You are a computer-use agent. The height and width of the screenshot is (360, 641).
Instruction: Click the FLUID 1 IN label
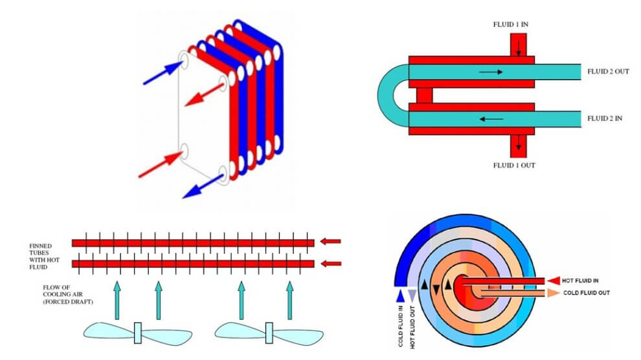pos(511,25)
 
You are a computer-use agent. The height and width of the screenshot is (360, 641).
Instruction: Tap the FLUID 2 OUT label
pos(608,71)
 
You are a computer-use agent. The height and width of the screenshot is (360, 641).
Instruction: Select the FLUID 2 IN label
pos(605,118)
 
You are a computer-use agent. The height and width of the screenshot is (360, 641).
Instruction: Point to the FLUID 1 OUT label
pos(514,166)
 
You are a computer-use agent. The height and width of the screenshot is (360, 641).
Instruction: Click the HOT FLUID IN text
pos(580,281)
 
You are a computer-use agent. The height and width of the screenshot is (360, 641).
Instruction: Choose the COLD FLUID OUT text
pos(586,293)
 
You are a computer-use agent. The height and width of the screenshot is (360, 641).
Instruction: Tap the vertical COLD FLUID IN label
pos(400,326)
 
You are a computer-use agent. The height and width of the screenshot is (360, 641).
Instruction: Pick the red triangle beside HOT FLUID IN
pos(554,281)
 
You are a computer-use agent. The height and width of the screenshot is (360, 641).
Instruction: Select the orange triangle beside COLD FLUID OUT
pos(554,293)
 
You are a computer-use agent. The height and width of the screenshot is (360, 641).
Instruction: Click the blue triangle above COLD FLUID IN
pos(400,296)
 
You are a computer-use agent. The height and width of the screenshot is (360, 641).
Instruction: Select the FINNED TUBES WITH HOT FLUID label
pos(44,256)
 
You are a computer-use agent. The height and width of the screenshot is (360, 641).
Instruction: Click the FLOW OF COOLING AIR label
pos(67,295)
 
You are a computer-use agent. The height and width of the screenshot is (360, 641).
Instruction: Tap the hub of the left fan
pos(138,333)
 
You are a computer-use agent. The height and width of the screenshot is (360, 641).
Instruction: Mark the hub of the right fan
pos(269,333)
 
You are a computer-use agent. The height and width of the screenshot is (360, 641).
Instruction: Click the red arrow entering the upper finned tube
pos(330,242)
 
